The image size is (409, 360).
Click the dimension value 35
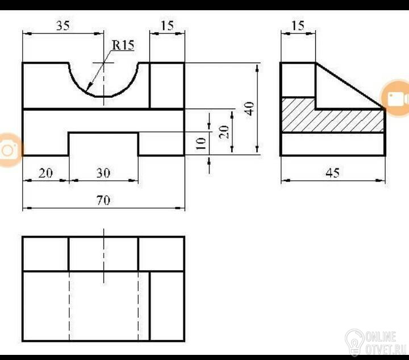click(63, 26)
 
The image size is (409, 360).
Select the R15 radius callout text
click(123, 44)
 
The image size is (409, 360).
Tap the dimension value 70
click(103, 200)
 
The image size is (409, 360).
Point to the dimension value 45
click(333, 173)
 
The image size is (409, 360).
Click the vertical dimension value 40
click(249, 109)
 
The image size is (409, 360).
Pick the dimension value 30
click(103, 173)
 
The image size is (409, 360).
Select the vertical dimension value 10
click(201, 143)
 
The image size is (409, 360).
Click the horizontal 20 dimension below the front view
click(45, 173)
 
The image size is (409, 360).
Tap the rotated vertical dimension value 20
click(224, 132)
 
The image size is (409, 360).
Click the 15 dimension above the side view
click(298, 26)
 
